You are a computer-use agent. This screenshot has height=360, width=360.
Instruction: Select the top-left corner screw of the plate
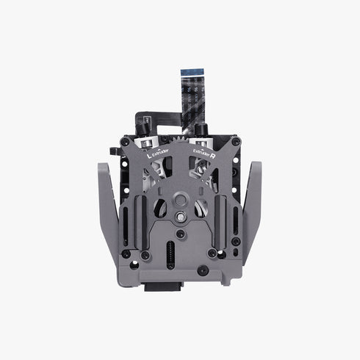coord(126,141)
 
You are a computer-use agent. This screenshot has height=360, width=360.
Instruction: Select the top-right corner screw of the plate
coord(233,141)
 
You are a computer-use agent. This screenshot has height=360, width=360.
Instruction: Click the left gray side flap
coord(110,213)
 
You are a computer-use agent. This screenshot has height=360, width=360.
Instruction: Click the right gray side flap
coord(250,213)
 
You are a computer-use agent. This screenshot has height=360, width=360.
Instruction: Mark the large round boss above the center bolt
coord(180,200)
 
